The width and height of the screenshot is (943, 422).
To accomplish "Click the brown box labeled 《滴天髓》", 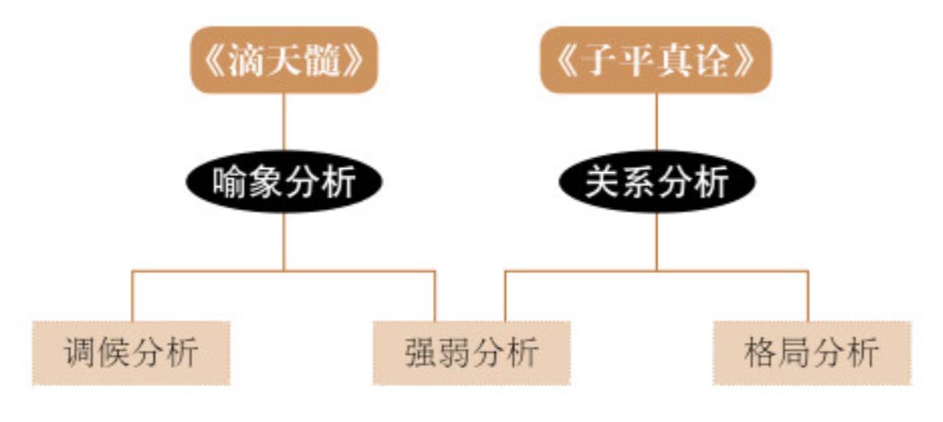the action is click(284, 60).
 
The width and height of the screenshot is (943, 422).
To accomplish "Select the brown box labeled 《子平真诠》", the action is click(655, 60).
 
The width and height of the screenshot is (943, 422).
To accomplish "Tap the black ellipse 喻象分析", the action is click(284, 182).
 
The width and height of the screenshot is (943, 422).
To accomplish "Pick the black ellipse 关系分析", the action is click(657, 182).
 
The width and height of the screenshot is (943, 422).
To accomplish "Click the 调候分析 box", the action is click(131, 352).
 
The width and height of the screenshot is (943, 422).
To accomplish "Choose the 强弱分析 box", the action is click(471, 352).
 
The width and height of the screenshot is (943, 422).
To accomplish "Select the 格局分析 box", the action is click(812, 352).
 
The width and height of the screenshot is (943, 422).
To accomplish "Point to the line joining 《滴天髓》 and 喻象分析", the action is click(284, 122).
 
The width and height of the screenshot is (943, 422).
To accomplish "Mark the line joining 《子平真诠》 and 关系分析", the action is click(657, 122).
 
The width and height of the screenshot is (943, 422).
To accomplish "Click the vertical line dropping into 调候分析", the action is click(132, 296).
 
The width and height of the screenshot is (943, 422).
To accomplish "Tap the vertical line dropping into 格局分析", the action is click(807, 296).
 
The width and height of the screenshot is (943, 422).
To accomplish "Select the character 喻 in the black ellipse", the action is click(230, 182).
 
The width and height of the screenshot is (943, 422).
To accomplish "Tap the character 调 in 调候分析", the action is click(80, 353).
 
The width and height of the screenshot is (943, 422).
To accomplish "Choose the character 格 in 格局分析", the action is click(761, 353).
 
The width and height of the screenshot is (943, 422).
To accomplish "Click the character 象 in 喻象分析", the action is click(266, 182).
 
